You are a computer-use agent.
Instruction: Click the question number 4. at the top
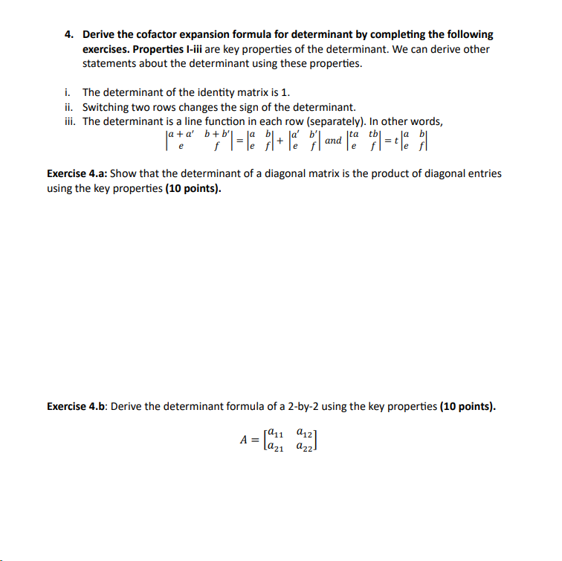(x=68, y=35)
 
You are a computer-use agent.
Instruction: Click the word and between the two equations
(x=334, y=141)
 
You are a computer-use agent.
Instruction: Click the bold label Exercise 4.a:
(x=77, y=174)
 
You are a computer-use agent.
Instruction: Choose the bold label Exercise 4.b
(x=77, y=406)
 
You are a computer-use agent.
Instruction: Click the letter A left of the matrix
(x=243, y=439)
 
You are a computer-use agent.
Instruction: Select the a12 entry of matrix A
(x=304, y=432)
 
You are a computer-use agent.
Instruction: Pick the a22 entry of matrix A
(x=304, y=446)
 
